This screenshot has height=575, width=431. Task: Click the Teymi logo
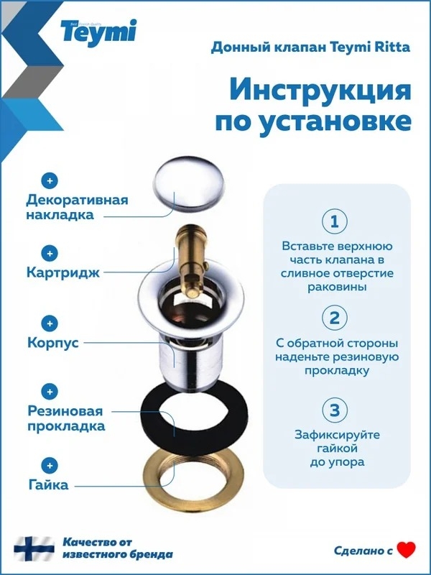click(x=98, y=32)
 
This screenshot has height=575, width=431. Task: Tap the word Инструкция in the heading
click(x=320, y=91)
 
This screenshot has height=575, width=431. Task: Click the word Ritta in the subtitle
click(x=394, y=47)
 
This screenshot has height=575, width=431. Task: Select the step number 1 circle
click(x=334, y=221)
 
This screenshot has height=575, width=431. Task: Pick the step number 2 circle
click(x=334, y=318)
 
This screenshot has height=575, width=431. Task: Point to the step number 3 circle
click(x=334, y=410)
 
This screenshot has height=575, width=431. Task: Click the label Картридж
click(x=63, y=273)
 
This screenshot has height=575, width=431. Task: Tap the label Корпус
click(x=53, y=343)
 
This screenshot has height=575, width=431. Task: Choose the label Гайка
click(x=48, y=484)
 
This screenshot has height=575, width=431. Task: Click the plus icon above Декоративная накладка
click(x=50, y=180)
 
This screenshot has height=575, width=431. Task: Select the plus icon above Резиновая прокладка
click(x=50, y=392)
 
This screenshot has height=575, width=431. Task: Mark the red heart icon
click(x=407, y=550)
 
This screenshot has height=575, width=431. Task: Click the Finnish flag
click(x=34, y=548)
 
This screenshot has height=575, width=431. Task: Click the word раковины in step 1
click(x=337, y=286)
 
